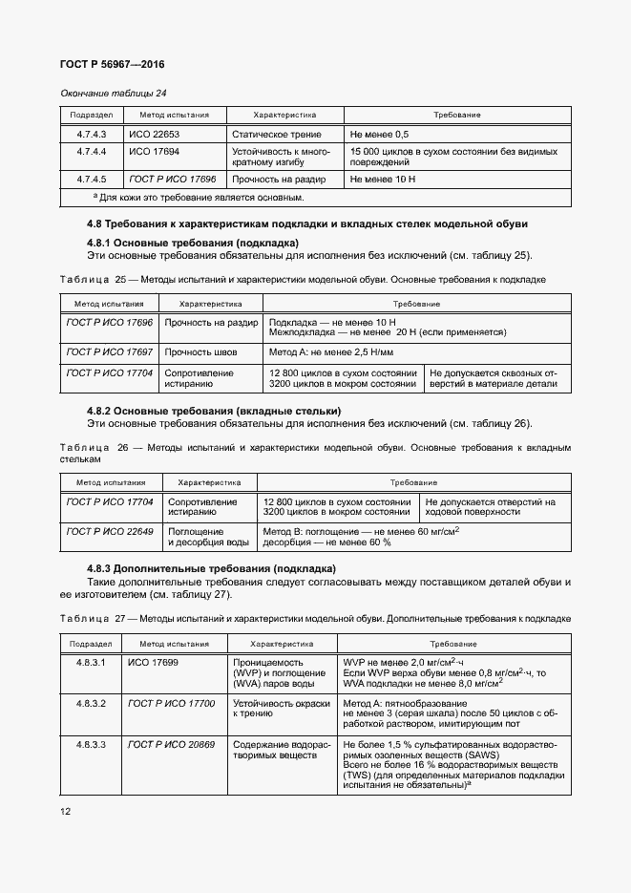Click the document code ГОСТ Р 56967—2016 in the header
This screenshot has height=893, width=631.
point(111,64)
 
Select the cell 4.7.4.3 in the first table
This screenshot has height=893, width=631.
point(91,135)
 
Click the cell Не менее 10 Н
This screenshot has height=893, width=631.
point(383,179)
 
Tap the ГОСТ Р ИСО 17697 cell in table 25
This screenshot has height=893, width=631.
point(109,352)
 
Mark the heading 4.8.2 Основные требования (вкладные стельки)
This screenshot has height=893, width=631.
point(214,411)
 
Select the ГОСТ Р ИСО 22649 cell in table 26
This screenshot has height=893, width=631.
point(110,531)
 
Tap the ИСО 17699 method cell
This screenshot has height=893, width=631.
point(152,661)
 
